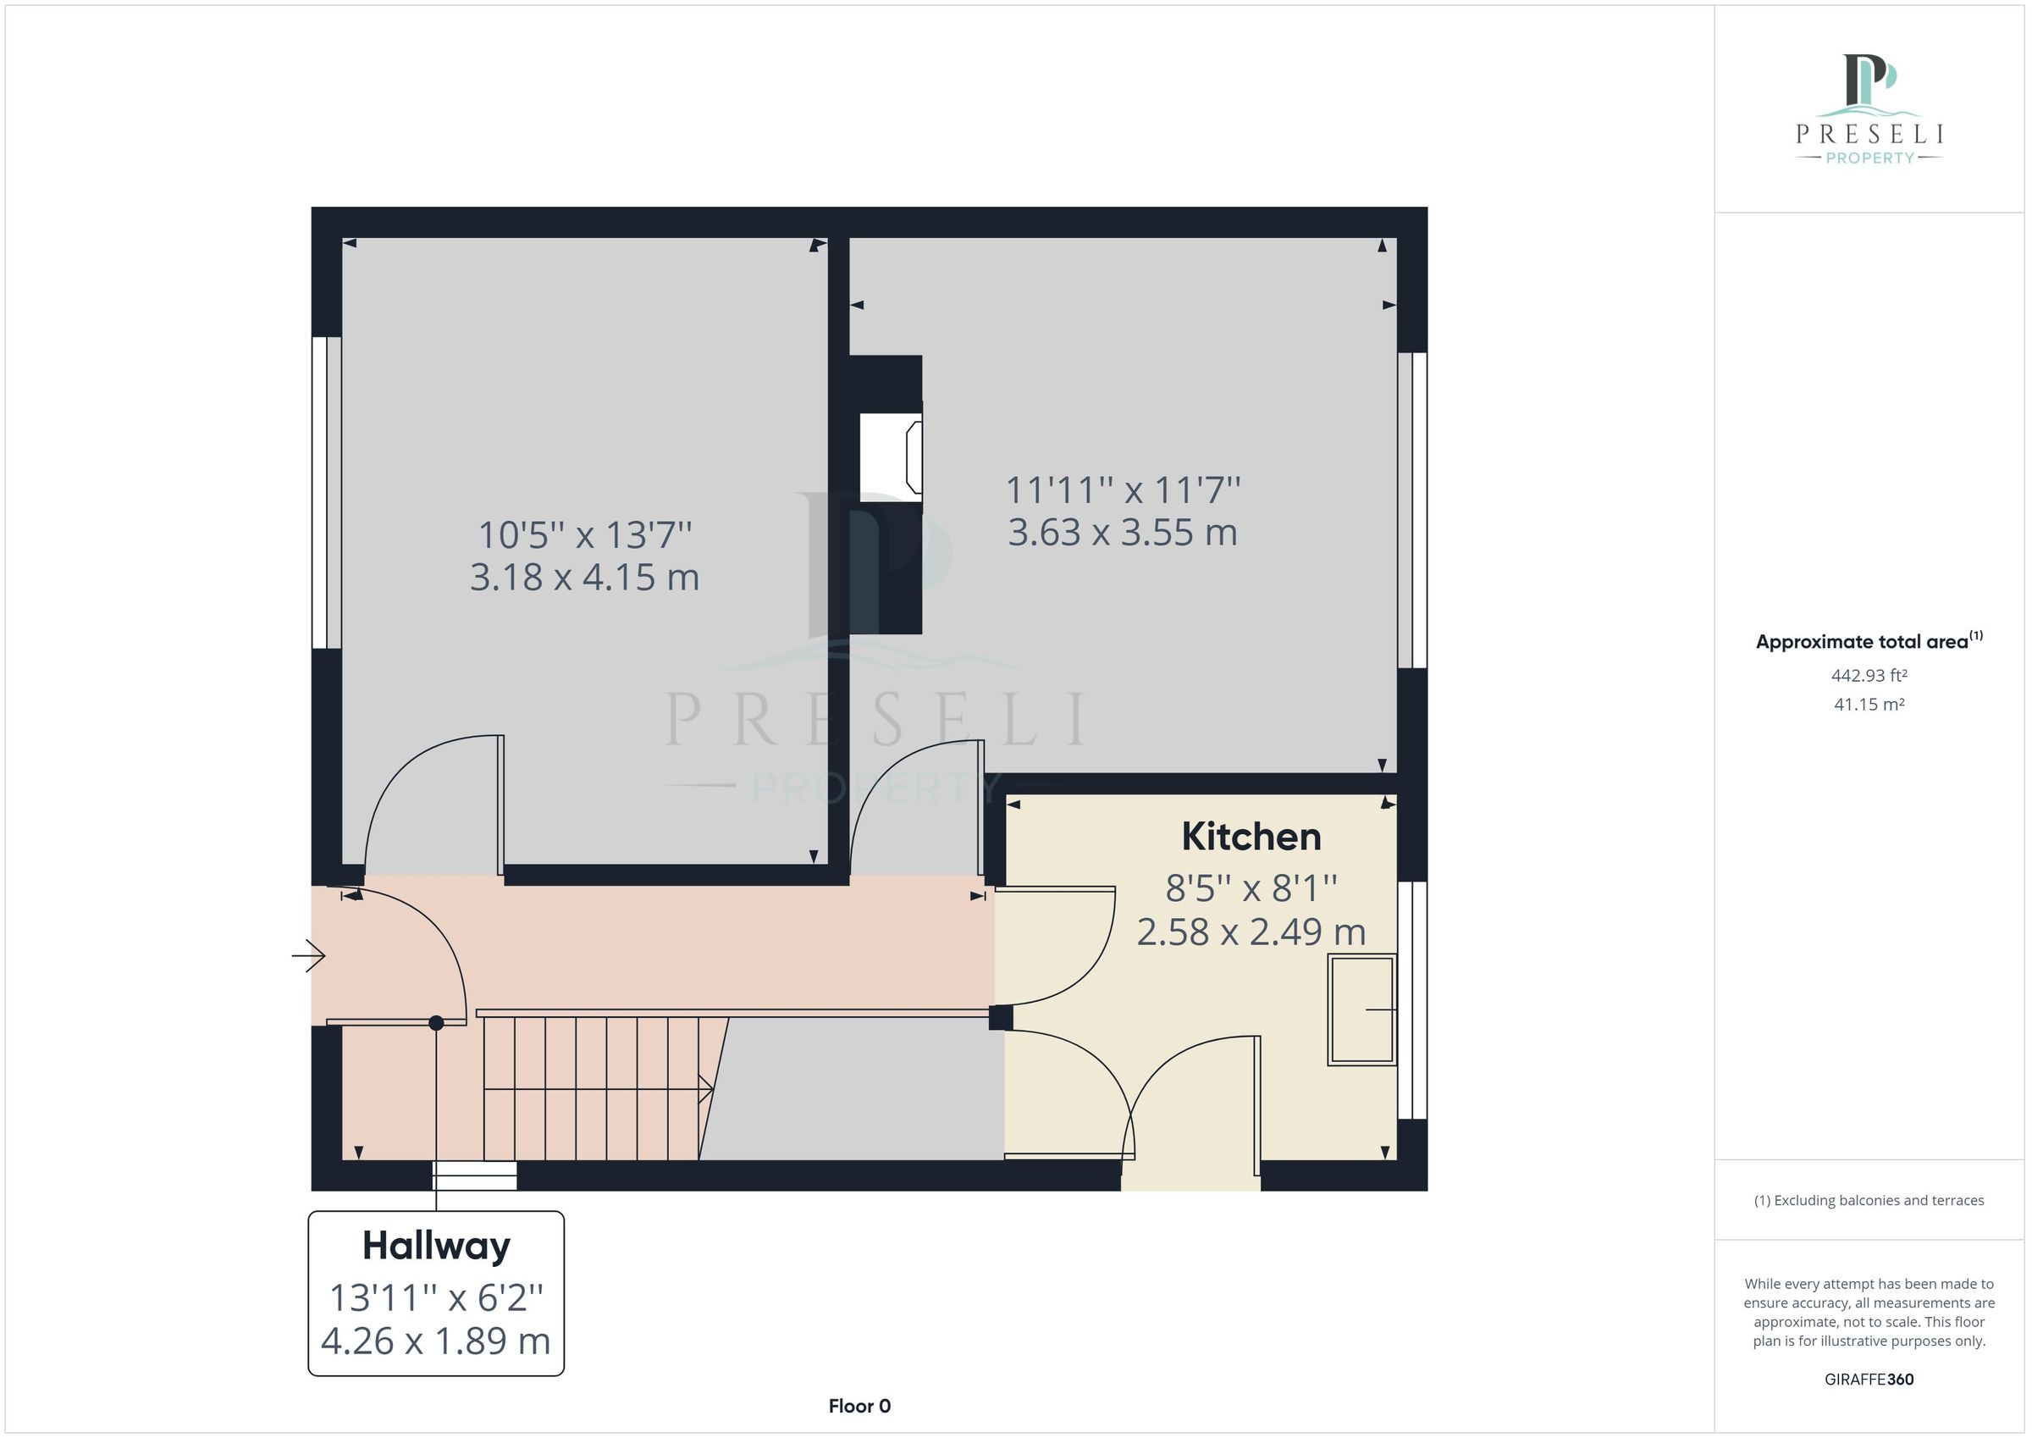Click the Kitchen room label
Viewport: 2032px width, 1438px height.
tap(1251, 837)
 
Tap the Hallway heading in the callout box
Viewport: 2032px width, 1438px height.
tap(436, 1246)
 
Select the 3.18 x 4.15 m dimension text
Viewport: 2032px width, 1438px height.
tap(584, 578)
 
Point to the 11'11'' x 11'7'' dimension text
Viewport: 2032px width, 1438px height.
tap(1122, 489)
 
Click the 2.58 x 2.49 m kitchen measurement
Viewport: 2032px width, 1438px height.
tap(1251, 932)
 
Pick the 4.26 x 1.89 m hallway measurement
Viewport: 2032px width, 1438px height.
tap(435, 1341)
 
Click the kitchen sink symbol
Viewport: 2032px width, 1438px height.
tap(1361, 1009)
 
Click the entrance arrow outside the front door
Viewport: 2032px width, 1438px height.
tap(309, 955)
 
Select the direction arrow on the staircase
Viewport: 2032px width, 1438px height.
tap(705, 1088)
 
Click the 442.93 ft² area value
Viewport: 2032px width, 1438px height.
tap(1869, 676)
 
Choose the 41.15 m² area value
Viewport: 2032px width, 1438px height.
tap(1869, 705)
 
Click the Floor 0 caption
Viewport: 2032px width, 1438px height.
tap(859, 1406)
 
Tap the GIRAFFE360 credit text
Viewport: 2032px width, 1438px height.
tap(1869, 1379)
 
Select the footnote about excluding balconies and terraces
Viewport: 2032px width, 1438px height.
tap(1869, 1201)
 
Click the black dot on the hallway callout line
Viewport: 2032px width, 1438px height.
tap(436, 1023)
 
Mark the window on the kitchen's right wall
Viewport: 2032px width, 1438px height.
tap(1411, 1000)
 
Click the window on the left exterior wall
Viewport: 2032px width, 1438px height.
tap(327, 492)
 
